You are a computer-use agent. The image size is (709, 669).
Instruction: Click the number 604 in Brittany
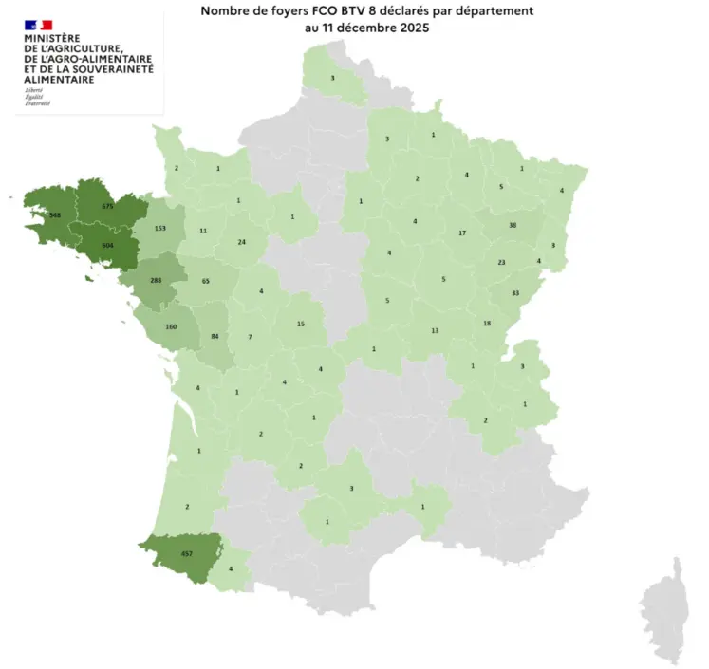107,245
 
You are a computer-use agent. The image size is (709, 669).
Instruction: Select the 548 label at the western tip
54,215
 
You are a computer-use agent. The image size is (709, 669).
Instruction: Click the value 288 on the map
157,281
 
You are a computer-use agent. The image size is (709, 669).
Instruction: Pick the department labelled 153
160,229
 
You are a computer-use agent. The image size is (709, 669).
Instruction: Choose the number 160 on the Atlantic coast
171,327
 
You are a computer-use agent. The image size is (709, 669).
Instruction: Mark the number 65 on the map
206,282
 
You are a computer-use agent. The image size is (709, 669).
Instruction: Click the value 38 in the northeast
513,225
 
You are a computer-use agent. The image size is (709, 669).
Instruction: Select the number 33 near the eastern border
515,293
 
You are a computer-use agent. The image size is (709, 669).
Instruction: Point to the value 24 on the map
242,242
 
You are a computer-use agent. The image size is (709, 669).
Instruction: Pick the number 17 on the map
462,233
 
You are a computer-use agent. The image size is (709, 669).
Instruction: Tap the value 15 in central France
301,325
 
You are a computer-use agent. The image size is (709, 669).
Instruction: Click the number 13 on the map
435,330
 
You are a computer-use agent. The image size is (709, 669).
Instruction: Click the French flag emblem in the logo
40,22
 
